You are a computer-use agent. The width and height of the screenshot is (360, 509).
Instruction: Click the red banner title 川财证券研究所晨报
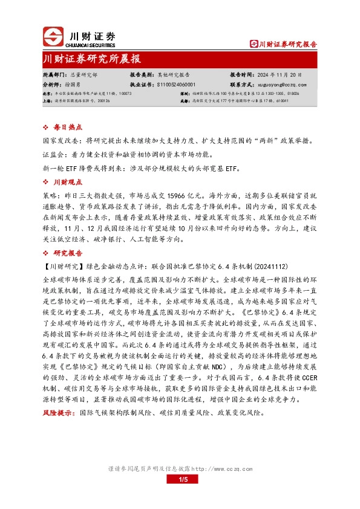pos(92,59)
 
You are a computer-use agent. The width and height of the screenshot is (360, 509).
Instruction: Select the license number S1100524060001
pos(176,85)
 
